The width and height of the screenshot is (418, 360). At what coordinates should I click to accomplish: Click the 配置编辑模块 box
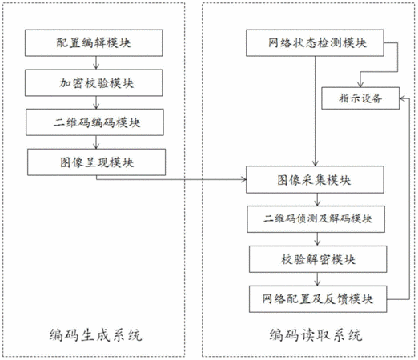[94, 43]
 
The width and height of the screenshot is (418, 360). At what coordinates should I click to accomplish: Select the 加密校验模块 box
[94, 82]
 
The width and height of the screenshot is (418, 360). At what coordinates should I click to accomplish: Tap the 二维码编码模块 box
[94, 122]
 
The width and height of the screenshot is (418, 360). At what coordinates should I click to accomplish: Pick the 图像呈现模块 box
[96, 162]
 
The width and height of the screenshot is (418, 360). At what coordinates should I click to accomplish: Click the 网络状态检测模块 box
[315, 43]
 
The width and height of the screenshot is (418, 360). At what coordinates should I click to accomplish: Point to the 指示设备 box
[360, 98]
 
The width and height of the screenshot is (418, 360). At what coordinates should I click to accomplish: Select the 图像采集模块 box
[315, 179]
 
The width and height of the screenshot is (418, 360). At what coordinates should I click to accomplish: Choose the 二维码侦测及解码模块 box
[316, 219]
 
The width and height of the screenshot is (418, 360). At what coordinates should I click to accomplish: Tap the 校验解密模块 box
[318, 259]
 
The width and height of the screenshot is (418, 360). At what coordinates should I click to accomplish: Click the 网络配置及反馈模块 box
[318, 299]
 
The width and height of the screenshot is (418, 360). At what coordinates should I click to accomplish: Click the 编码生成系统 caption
[95, 335]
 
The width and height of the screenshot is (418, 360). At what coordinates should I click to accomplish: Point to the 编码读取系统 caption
[316, 335]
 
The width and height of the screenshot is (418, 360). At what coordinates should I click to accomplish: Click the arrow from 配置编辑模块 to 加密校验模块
[96, 63]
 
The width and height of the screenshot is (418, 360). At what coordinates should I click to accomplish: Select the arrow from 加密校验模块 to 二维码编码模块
[96, 102]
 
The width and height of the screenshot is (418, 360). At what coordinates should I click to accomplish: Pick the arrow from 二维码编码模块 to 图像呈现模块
[96, 142]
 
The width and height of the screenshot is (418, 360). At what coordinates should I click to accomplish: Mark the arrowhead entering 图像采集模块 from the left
[243, 179]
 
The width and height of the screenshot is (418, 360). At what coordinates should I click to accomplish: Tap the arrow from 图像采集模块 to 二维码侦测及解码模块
[317, 199]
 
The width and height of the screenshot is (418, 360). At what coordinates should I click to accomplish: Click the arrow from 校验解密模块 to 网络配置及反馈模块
[317, 279]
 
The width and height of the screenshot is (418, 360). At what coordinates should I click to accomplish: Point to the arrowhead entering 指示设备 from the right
[402, 98]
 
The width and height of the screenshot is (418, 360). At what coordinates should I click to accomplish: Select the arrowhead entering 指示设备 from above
[360, 84]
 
